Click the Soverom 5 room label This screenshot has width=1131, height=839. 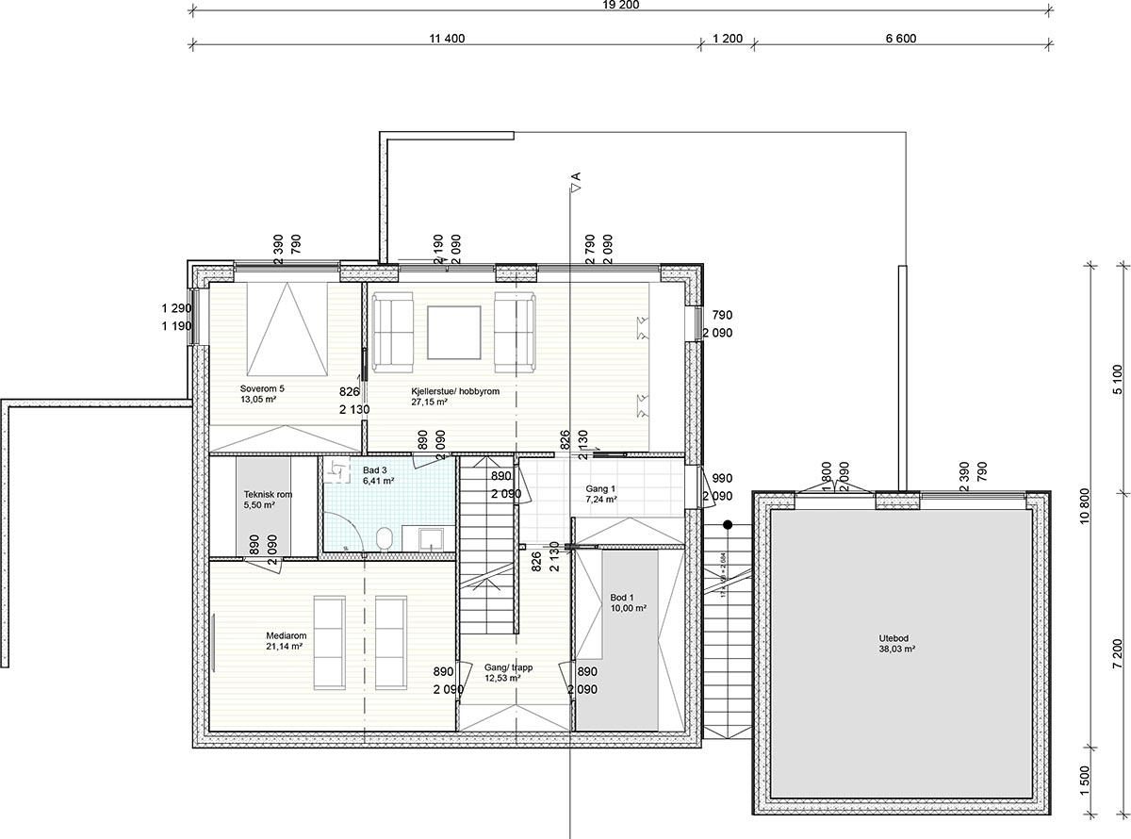click(261, 388)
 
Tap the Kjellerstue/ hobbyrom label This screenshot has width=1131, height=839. click(455, 390)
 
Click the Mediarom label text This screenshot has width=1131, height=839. click(286, 635)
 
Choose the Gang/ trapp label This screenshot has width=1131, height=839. click(508, 666)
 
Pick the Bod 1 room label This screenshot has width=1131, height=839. click(622, 598)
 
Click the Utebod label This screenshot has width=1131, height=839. click(893, 637)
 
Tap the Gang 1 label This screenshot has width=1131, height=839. click(599, 488)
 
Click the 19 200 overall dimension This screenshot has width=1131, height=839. click(621, 4)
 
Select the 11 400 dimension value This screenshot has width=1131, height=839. click(447, 39)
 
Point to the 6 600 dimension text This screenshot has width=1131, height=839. click(900, 39)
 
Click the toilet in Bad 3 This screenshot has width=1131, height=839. click(384, 538)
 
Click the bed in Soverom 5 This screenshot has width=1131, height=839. click(287, 327)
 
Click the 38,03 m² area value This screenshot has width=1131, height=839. click(893, 649)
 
